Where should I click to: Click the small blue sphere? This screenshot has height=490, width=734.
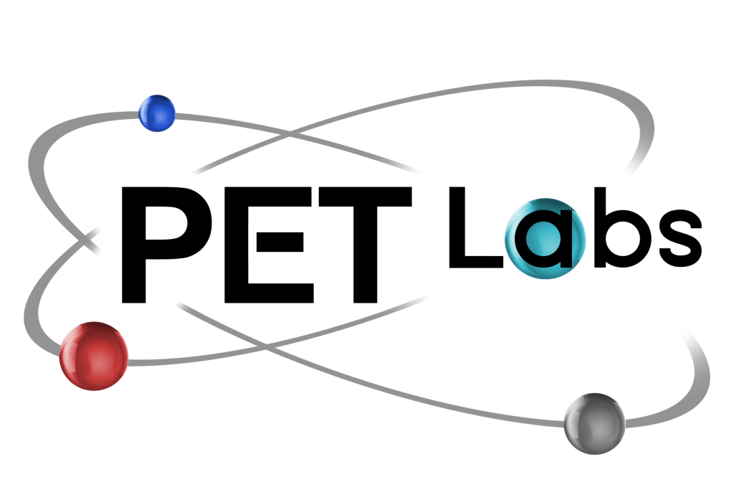(x=157, y=113)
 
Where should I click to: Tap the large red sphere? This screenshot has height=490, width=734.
(x=94, y=356)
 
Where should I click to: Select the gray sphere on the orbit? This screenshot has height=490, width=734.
(x=594, y=423)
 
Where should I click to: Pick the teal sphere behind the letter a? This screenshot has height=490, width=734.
(x=545, y=239)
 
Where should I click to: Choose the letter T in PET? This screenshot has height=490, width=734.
(x=365, y=245)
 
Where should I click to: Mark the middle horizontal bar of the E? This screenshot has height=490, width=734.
(x=280, y=242)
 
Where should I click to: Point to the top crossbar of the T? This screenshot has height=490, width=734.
(x=365, y=197)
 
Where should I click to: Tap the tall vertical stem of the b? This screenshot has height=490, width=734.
(x=601, y=227)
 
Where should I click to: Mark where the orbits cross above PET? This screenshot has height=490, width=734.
(x=290, y=135)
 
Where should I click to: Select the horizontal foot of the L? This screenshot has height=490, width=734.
(x=477, y=262)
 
